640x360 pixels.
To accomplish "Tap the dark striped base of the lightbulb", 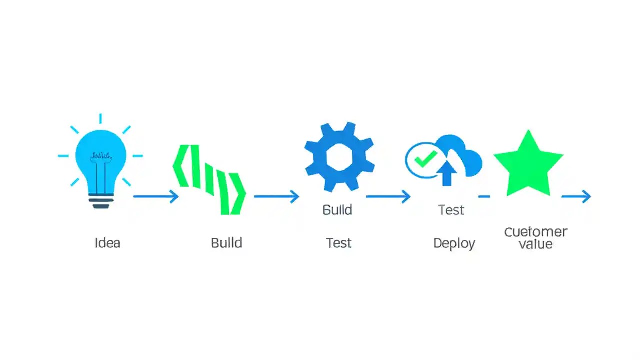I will coord(101,201).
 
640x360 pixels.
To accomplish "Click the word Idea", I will coord(107,243).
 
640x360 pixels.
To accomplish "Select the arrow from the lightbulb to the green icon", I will coord(155,196).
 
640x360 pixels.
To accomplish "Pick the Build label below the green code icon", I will coord(226,243).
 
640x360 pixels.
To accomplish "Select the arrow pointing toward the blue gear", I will coord(276,196).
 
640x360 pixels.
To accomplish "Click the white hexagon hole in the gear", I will coord(339,156).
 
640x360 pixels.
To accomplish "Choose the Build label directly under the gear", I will coord(337,210).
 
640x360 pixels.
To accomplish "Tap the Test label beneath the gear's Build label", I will coord(339,243).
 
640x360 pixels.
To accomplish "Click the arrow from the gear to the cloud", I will coord(388,196).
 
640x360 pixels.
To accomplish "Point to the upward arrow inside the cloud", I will coord(447,173).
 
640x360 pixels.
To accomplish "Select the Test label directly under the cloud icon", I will coord(451,210).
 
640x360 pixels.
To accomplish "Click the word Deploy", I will coord(454,244).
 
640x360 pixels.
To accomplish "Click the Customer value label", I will coord(535,238).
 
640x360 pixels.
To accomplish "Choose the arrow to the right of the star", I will coord(576,196).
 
